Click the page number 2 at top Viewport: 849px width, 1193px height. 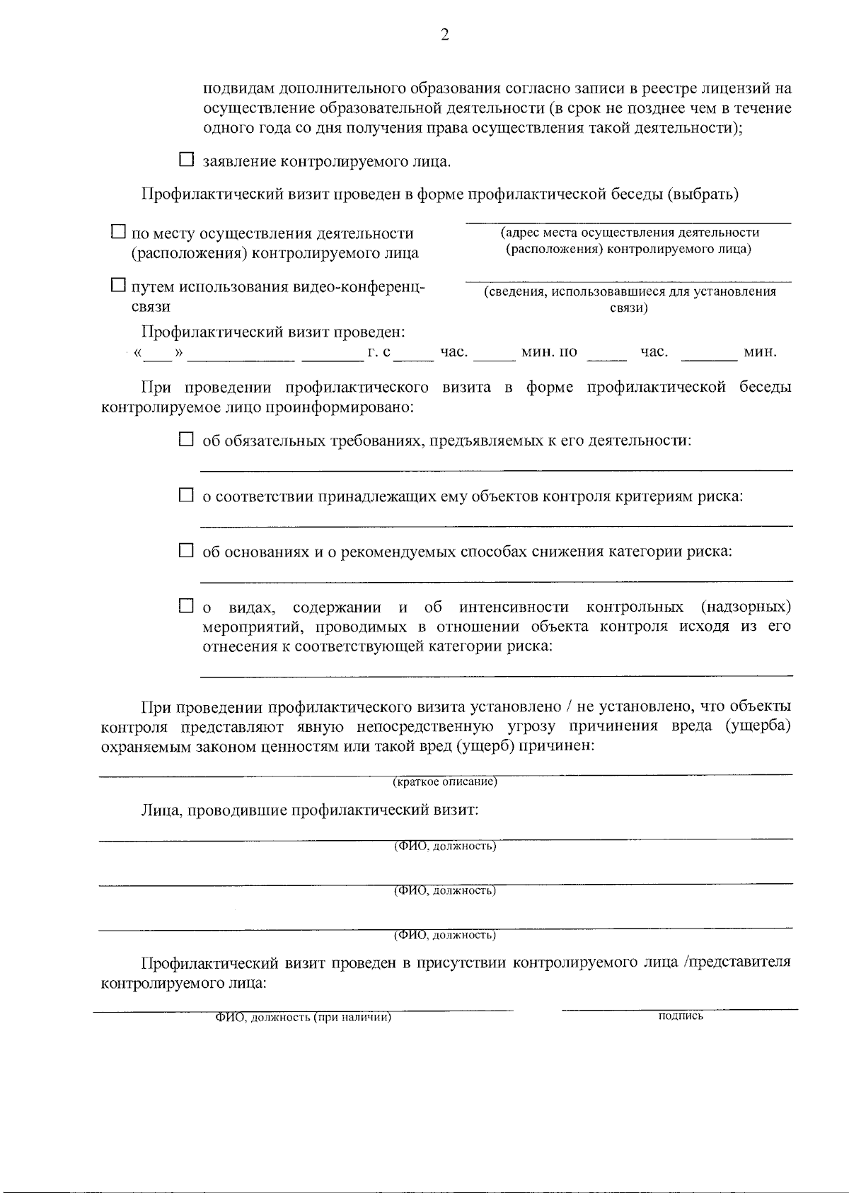pyautogui.click(x=444, y=35)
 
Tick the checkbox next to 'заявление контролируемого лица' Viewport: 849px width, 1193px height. pyautogui.click(x=186, y=160)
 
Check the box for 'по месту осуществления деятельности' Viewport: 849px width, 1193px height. pyautogui.click(x=119, y=232)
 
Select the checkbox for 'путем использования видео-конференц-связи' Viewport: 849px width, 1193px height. pyautogui.click(x=119, y=286)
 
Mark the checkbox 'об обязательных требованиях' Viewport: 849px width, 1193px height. pyautogui.click(x=186, y=440)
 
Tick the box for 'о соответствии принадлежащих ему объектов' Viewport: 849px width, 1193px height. pyautogui.click(x=186, y=496)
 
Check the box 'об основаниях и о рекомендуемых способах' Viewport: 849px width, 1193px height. pyautogui.click(x=186, y=550)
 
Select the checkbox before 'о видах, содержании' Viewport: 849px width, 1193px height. pyautogui.click(x=186, y=606)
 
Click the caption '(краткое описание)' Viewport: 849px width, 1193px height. pyautogui.click(x=445, y=782)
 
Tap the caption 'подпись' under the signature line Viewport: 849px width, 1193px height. pyautogui.click(x=680, y=1016)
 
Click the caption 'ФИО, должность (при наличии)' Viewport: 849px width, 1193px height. pyautogui.click(x=304, y=1018)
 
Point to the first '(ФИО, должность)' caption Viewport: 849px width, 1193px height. pyautogui.click(x=445, y=846)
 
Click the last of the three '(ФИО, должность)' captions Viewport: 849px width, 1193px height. pyautogui.click(x=445, y=935)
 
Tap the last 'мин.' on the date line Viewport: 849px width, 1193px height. pyautogui.click(x=760, y=352)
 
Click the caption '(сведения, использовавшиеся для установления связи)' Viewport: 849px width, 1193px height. pyautogui.click(x=629, y=299)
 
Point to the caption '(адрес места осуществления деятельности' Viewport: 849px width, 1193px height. pyautogui.click(x=629, y=233)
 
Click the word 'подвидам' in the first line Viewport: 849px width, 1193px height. pyautogui.click(x=239, y=89)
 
